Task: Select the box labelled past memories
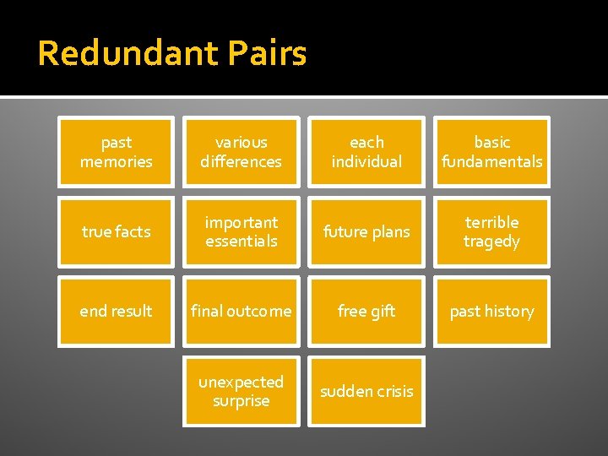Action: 116,151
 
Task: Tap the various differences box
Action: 242,151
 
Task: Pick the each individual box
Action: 366,151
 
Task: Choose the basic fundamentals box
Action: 492,151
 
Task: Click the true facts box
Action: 116,231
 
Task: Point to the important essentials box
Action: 242,231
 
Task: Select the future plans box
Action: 366,231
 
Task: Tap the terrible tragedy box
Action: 492,231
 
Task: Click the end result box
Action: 116,311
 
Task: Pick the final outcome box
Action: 242,311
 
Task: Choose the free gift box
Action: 366,311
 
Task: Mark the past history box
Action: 492,311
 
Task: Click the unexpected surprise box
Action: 242,391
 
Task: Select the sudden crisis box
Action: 366,391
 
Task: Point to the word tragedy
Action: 491,242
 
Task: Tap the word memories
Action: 116,161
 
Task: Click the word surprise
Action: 242,401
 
